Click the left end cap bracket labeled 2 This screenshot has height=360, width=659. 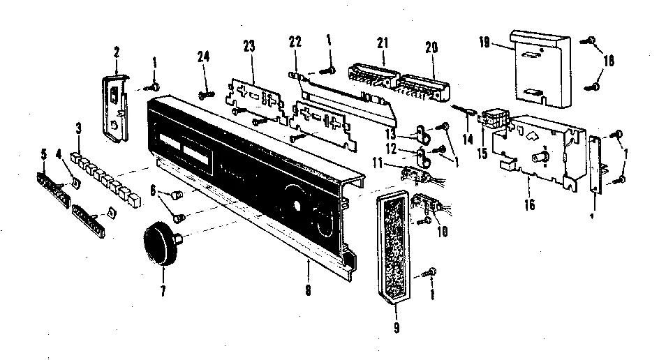click(x=114, y=105)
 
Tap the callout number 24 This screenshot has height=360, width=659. click(x=204, y=59)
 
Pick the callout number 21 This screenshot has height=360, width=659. click(x=381, y=44)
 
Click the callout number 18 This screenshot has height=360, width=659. click(x=608, y=61)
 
